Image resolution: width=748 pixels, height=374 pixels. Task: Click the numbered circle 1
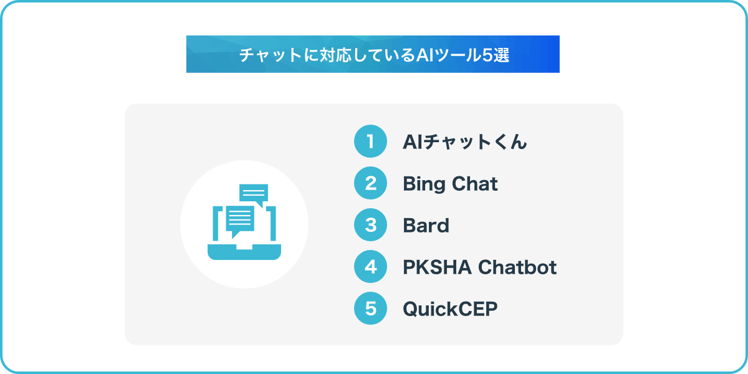point(370,141)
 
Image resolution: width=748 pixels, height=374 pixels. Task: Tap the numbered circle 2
point(370,183)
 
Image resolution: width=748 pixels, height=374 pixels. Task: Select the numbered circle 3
point(370,225)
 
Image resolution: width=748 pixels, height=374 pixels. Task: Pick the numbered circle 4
point(370,267)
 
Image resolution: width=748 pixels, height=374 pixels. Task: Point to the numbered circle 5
point(370,308)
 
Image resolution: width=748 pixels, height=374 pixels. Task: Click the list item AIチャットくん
point(465,142)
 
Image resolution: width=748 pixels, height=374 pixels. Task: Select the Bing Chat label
point(450,185)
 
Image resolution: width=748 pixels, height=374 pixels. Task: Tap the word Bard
point(426,226)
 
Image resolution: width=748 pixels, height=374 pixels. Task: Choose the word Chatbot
point(517,267)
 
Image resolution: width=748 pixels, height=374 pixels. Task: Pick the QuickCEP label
point(450,309)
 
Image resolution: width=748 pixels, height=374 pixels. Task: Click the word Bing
point(424,185)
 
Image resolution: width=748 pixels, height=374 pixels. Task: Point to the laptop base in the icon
point(244,252)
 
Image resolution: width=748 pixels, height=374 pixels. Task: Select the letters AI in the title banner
point(424,55)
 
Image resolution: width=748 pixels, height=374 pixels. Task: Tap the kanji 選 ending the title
point(501,55)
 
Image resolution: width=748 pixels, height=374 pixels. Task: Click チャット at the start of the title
point(271,55)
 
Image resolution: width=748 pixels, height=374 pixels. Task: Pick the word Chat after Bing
point(474,184)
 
